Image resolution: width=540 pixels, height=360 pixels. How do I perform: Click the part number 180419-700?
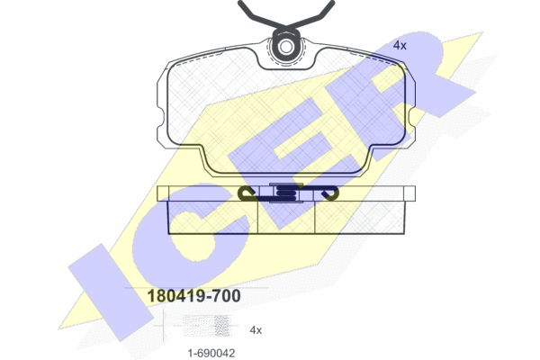tap(193, 296)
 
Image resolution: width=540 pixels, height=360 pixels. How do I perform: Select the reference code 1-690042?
tap(211, 353)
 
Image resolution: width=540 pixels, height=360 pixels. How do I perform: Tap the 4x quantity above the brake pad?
tap(400, 45)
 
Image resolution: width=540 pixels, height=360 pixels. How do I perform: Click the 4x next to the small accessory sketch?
tap(256, 330)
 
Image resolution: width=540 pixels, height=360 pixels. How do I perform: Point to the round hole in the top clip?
tap(286, 47)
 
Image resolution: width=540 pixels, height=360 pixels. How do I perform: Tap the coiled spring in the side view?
tap(285, 193)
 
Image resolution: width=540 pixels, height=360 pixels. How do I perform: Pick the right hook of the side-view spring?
tap(328, 193)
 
